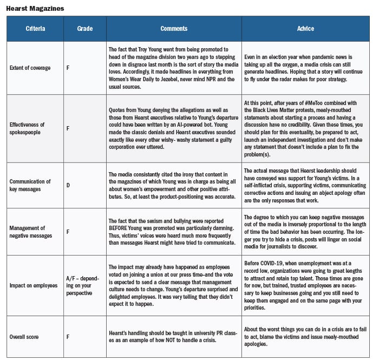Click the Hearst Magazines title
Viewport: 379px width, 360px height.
pyautogui.click(x=35, y=8)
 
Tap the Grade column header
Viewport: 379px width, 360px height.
pyautogui.click(x=84, y=28)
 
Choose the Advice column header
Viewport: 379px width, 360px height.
pyautogui.click(x=306, y=28)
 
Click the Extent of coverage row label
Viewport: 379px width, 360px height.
pyautogui.click(x=31, y=68)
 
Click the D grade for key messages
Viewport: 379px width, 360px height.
pyautogui.click(x=68, y=185)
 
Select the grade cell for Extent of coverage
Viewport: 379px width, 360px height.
pyautogui.click(x=68, y=68)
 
